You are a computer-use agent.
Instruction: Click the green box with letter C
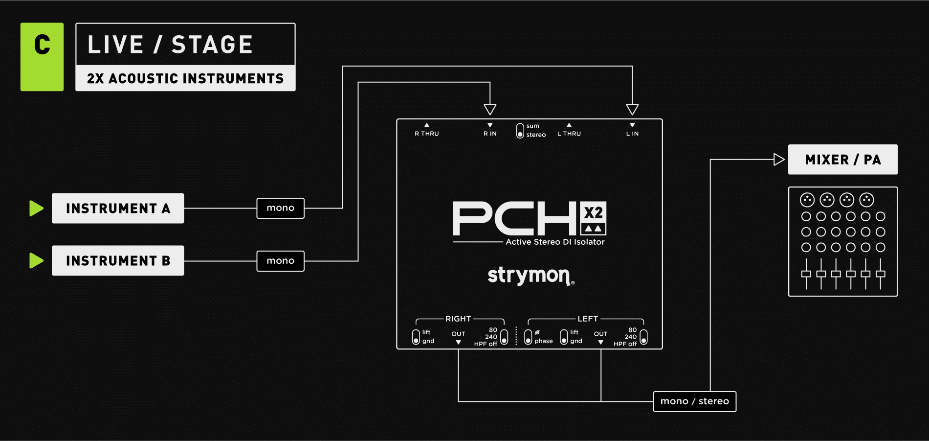click(42, 57)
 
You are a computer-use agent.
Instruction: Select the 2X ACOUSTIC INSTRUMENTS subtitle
click(185, 78)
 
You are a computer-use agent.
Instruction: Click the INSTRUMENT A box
click(118, 209)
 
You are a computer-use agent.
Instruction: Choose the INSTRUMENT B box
click(118, 261)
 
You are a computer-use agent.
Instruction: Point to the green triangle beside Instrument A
click(36, 209)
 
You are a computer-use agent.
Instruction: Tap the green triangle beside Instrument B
click(36, 261)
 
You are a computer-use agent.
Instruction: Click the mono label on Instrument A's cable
click(280, 208)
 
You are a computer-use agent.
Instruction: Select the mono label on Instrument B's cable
click(280, 261)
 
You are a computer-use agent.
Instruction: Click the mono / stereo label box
click(694, 401)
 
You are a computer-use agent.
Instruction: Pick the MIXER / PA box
click(842, 160)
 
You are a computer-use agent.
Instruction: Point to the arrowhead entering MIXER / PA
click(779, 160)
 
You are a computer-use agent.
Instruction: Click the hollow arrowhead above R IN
click(490, 109)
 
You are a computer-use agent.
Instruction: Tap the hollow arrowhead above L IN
click(632, 109)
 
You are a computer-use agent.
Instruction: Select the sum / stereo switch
click(520, 131)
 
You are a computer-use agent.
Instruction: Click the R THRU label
click(427, 134)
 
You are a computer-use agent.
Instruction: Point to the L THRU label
click(569, 134)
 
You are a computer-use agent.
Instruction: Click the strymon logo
click(531, 276)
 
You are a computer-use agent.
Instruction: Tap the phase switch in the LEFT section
click(528, 337)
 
